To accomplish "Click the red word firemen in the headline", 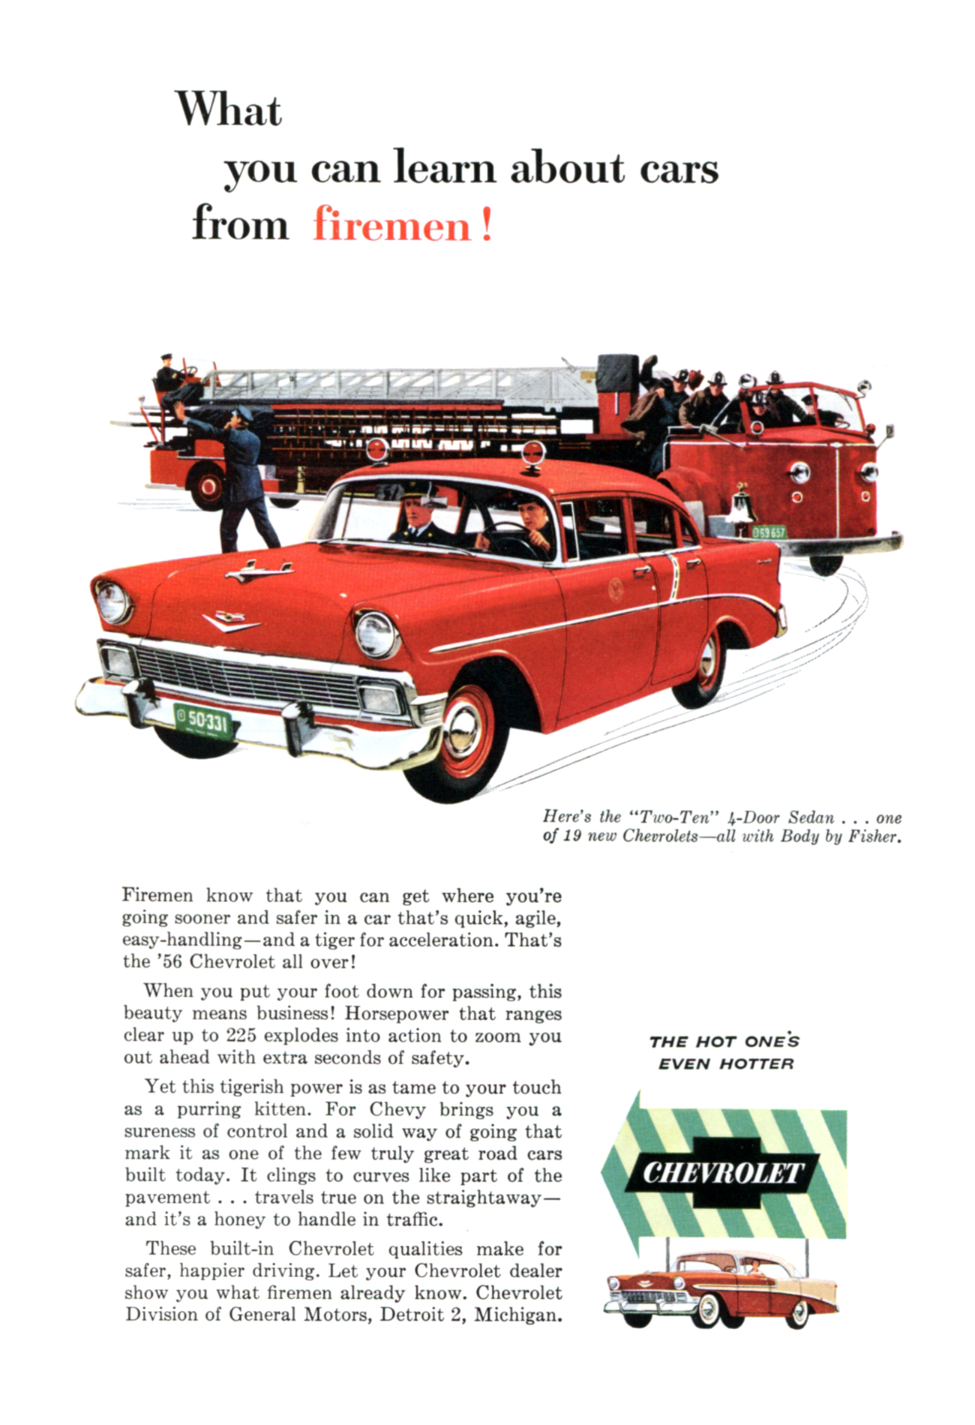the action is pyautogui.click(x=391, y=225).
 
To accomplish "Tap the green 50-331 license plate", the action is pyautogui.click(x=202, y=721).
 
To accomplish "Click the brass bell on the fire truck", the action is pyautogui.click(x=741, y=500).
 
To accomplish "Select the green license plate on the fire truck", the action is pyautogui.click(x=769, y=532).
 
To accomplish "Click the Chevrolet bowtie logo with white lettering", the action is pyautogui.click(x=723, y=1172).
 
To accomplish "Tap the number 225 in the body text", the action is pyautogui.click(x=241, y=1036).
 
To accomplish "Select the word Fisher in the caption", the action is pyautogui.click(x=874, y=836).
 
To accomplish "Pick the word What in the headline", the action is pyautogui.click(x=229, y=111).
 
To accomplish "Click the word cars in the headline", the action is pyautogui.click(x=679, y=168).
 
